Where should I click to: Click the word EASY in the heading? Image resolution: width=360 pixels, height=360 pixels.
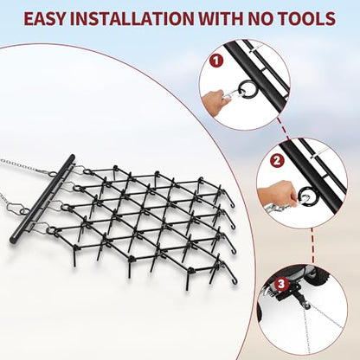click(x=45, y=19)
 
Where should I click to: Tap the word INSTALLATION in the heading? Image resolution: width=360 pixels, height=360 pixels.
click(x=132, y=19)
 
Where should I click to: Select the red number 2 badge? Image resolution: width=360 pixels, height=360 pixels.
click(x=277, y=160)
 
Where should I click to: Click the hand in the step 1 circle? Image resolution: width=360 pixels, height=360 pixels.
click(x=214, y=100)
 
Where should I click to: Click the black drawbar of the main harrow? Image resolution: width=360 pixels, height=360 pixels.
click(x=42, y=198)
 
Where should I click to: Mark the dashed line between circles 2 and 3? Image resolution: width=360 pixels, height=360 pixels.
click(x=312, y=246)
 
